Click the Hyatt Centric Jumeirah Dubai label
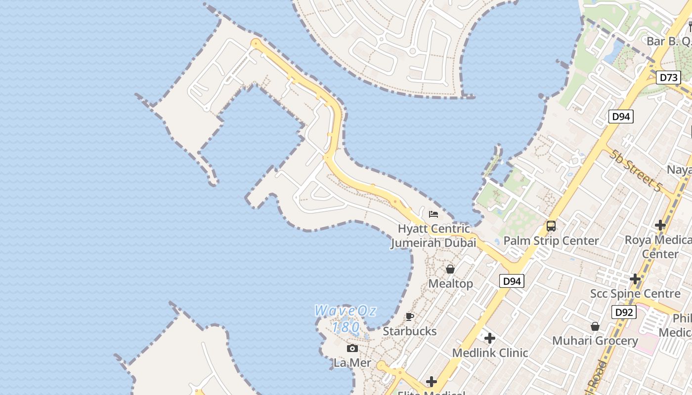click(x=434, y=236)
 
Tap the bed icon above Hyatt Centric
click(x=433, y=214)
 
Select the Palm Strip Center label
click(x=551, y=241)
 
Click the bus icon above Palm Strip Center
click(x=551, y=226)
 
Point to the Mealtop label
click(x=450, y=283)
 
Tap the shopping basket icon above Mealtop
click(x=450, y=269)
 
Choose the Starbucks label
click(x=410, y=331)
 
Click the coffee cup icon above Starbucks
click(x=410, y=316)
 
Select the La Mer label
click(x=352, y=363)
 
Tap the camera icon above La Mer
click(x=352, y=349)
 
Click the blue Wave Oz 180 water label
click(x=346, y=319)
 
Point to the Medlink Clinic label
click(x=490, y=353)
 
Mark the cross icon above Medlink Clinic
click(x=490, y=338)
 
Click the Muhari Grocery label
click(x=595, y=341)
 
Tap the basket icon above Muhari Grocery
click(x=595, y=326)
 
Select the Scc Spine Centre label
click(x=635, y=294)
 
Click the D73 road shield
click(x=669, y=78)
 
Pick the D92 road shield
click(x=624, y=312)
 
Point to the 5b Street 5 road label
click(x=635, y=171)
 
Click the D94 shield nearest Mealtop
click(x=511, y=281)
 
